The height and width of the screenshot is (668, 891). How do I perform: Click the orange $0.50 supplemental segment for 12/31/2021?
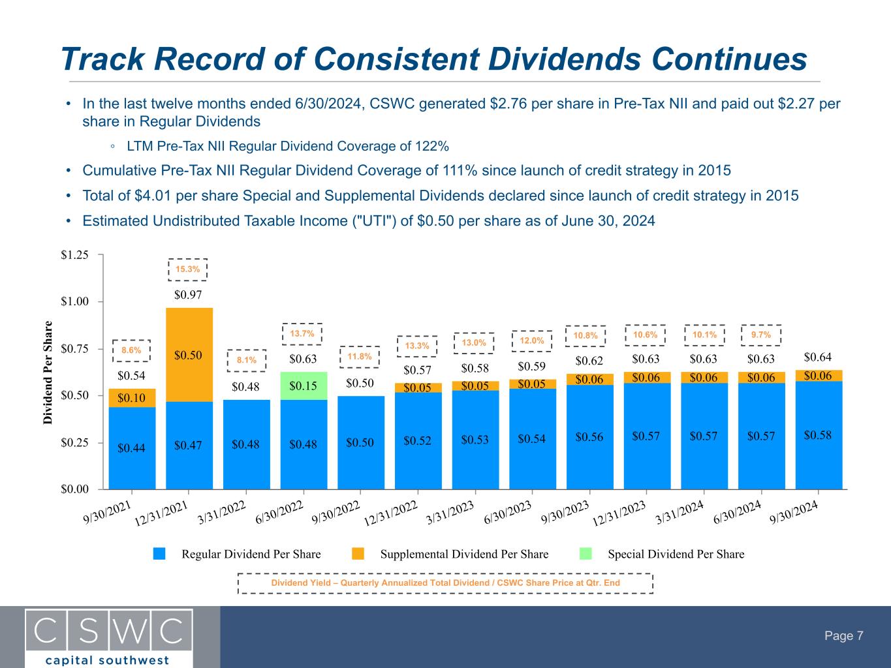coord(189,355)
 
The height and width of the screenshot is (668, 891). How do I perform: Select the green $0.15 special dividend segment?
coord(304,386)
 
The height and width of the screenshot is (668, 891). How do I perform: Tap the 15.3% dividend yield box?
coord(188,269)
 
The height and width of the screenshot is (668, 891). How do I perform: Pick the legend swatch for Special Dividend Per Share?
coord(586,554)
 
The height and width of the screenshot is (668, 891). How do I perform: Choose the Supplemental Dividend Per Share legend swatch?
coord(358,554)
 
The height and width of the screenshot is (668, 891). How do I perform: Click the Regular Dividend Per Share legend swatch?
coord(160,554)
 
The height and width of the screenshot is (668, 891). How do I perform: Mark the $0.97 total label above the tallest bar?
coord(188,295)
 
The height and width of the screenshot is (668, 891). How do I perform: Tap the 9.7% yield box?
coord(761,335)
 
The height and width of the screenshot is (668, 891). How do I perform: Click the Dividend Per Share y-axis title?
coord(49,372)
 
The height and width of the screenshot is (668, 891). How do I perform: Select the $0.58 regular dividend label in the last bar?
coord(819,434)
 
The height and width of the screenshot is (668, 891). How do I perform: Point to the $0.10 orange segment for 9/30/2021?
coord(132,398)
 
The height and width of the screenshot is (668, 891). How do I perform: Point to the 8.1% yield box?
coord(247,359)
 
